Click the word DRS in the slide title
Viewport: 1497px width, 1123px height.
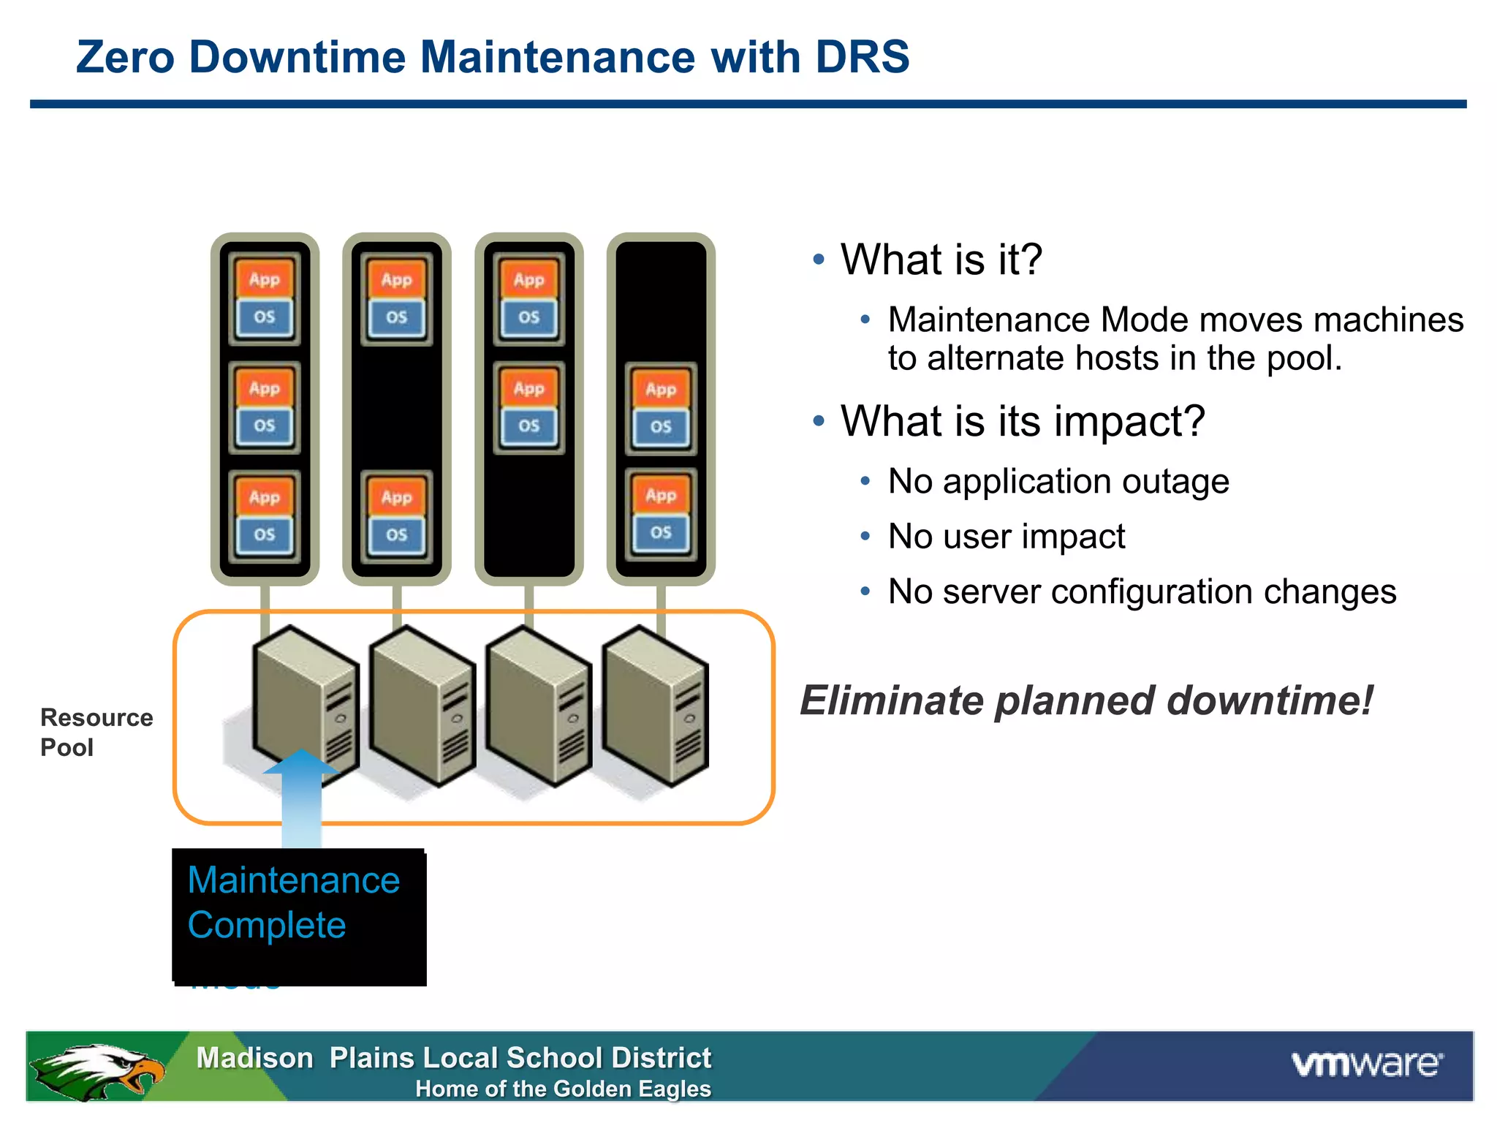point(862,57)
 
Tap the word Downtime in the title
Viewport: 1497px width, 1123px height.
point(297,57)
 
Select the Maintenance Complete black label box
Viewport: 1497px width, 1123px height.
point(299,915)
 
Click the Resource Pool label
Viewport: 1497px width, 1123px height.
point(96,732)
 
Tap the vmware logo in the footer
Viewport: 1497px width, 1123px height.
point(1367,1064)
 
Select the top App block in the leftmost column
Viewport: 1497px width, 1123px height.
point(264,279)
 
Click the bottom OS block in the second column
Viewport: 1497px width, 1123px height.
point(396,534)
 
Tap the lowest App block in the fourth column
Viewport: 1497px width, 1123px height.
point(661,495)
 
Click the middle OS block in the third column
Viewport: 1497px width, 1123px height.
point(528,426)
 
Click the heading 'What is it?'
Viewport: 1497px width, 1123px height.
point(941,260)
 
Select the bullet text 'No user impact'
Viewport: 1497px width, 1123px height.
point(1006,536)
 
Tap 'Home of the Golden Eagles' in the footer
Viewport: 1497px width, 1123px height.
point(563,1089)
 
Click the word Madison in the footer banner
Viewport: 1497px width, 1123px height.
point(254,1058)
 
